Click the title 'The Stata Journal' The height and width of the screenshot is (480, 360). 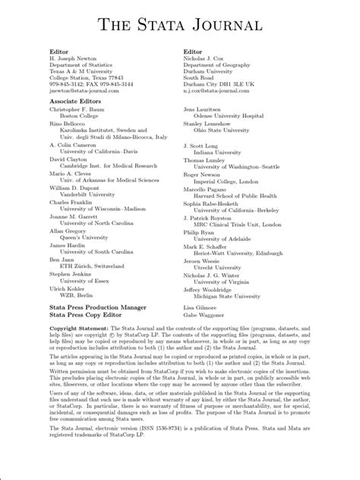click(x=179, y=26)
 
